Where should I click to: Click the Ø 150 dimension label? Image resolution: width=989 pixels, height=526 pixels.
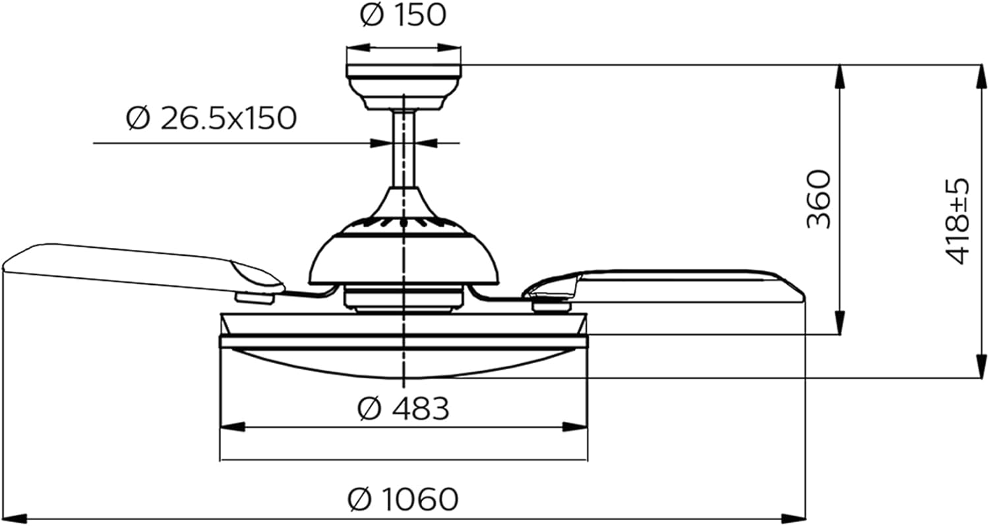coord(403,16)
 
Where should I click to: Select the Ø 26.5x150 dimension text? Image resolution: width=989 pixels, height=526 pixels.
coord(212,119)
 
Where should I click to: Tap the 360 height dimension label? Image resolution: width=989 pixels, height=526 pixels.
coord(819,199)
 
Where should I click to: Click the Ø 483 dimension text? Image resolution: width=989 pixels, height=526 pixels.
coord(403,409)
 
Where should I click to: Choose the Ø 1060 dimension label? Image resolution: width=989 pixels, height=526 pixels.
coord(403,499)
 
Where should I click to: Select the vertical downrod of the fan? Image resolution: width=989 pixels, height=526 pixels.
coord(403,148)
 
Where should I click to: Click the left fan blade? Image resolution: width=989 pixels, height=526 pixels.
coord(132,267)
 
